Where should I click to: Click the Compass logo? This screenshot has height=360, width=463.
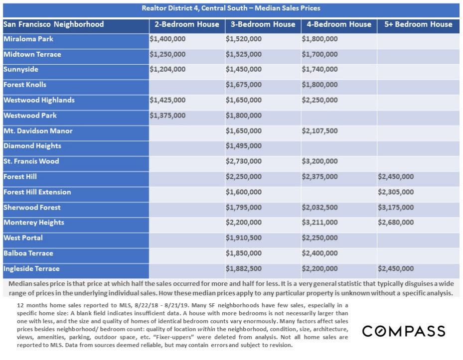tap(403, 331)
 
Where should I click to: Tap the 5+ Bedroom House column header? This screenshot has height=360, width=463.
tap(415, 24)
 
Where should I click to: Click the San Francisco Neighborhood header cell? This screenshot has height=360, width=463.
tap(54, 24)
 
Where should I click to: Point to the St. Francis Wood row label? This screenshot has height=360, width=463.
tap(31, 161)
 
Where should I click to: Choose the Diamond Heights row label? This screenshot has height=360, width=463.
tap(32, 146)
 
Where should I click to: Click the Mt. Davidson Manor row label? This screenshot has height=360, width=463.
tap(38, 131)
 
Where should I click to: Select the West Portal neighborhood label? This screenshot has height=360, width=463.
tap(23, 238)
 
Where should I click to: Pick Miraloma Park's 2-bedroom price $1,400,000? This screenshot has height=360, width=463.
tap(167, 39)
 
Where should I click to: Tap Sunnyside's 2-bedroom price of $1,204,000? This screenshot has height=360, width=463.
tap(167, 70)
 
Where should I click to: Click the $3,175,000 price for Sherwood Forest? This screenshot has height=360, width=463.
tap(396, 208)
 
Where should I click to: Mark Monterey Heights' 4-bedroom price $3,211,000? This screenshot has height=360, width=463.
tap(319, 223)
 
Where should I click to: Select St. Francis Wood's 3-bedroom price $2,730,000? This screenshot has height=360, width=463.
tap(244, 161)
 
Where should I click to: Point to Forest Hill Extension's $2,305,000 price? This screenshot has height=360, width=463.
tap(396, 192)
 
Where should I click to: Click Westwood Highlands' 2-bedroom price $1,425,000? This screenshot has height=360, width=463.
tap(167, 100)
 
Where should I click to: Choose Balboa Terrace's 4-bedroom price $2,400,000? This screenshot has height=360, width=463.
tap(319, 253)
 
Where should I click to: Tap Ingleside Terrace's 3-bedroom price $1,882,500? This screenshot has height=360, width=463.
tap(244, 269)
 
